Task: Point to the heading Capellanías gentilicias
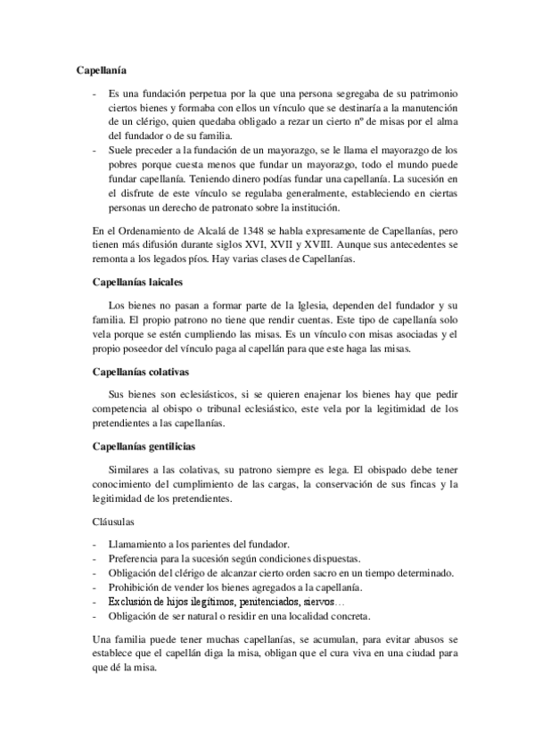coord(144,445)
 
